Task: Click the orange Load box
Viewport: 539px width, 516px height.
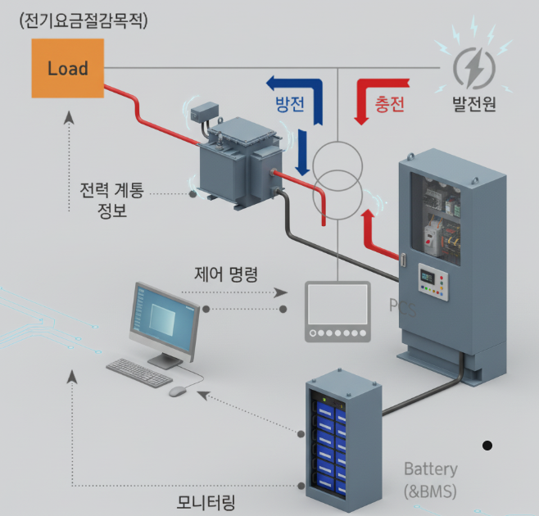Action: click(x=67, y=68)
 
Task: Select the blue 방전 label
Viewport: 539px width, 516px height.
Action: click(x=290, y=103)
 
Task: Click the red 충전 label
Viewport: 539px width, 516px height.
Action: click(x=390, y=104)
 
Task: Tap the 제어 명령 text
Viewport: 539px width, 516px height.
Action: click(x=227, y=274)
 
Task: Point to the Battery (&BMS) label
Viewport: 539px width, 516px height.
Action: click(x=430, y=480)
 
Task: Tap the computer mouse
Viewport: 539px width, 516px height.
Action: click(x=177, y=391)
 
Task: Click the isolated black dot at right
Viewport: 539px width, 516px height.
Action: click(x=487, y=445)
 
